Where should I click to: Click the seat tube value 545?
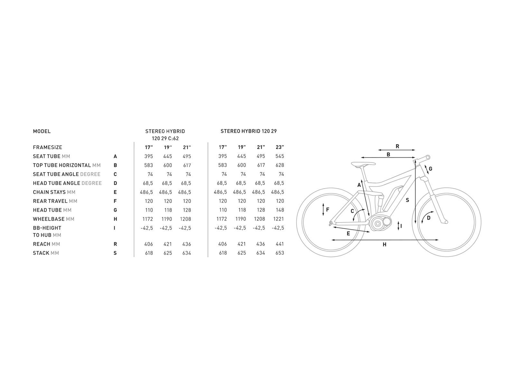click(x=280, y=156)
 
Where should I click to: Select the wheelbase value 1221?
click(x=278, y=219)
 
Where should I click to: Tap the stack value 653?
click(x=280, y=253)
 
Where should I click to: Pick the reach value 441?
click(x=280, y=244)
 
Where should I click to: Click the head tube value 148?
click(x=280, y=210)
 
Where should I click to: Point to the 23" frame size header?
click(x=280, y=147)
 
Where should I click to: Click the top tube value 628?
click(x=280, y=165)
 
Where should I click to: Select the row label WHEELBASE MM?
click(x=53, y=219)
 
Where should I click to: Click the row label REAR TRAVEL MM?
click(x=55, y=201)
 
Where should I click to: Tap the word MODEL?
click(x=42, y=131)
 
